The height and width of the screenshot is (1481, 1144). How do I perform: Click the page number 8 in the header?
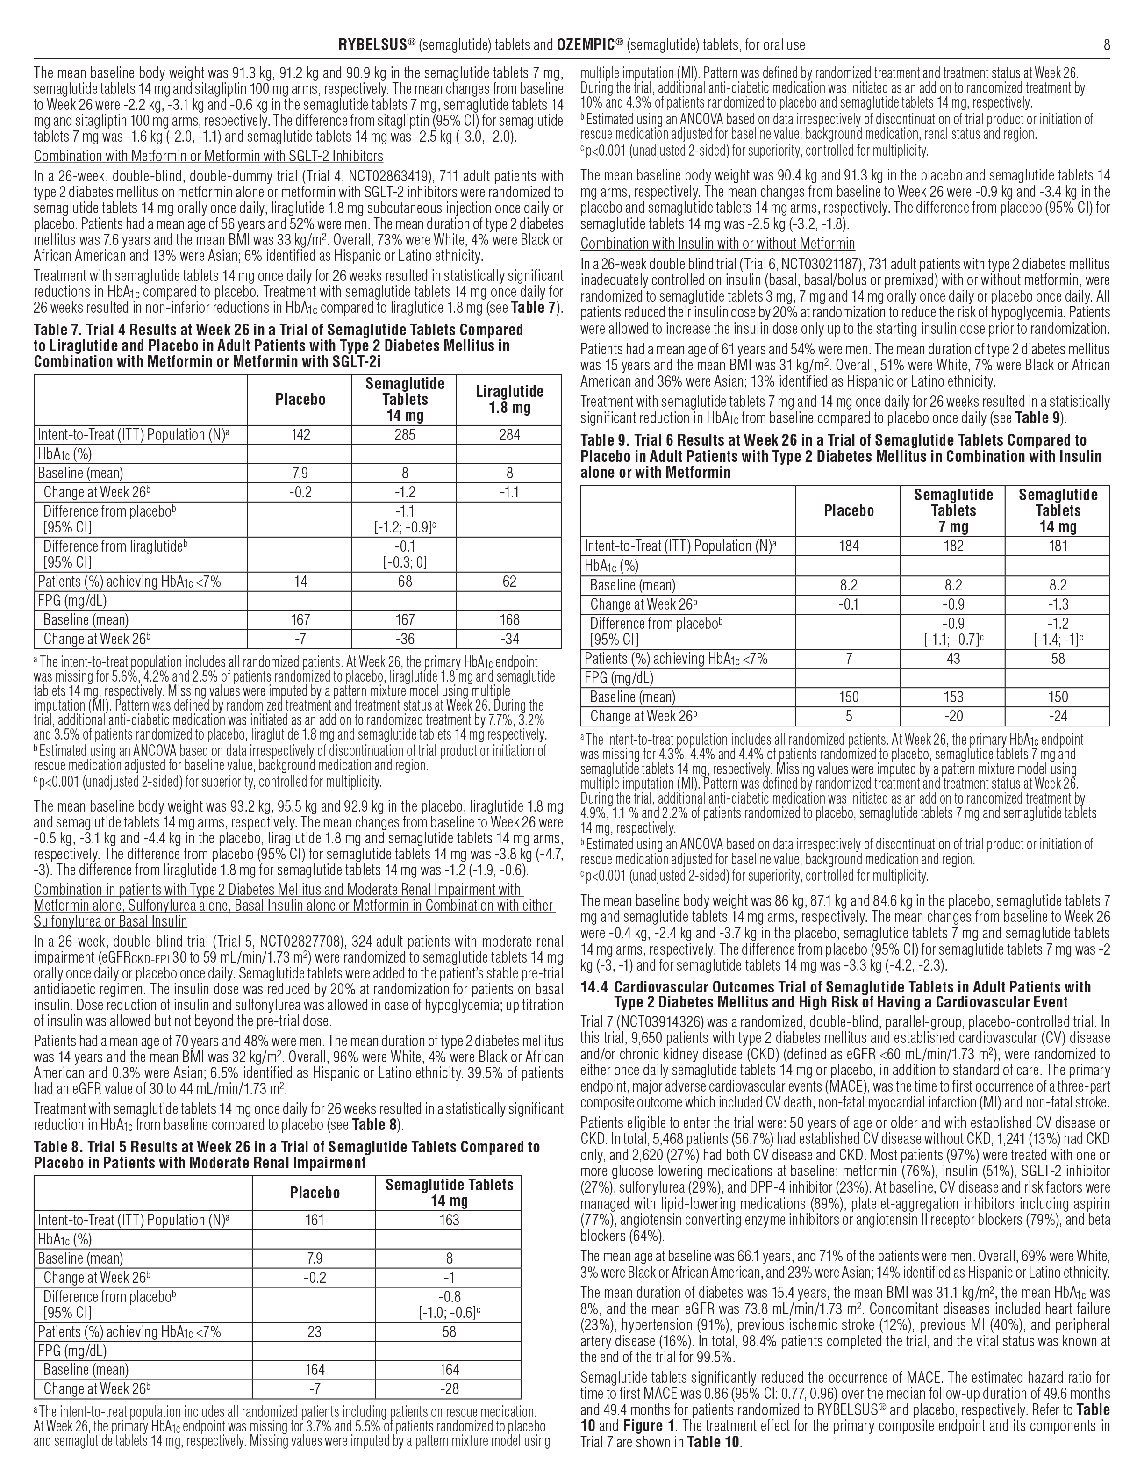pyautogui.click(x=1106, y=45)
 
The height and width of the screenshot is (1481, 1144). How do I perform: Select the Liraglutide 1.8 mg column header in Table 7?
pyautogui.click(x=509, y=399)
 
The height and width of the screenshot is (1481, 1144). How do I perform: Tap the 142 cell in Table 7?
pyautogui.click(x=300, y=435)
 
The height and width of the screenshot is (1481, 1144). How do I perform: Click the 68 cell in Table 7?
pyautogui.click(x=405, y=581)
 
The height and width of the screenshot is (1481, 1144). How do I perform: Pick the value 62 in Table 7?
pyautogui.click(x=509, y=581)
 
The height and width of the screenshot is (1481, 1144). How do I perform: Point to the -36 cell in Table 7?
pyautogui.click(x=405, y=639)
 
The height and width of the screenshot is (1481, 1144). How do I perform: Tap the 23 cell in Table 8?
pyautogui.click(x=315, y=1331)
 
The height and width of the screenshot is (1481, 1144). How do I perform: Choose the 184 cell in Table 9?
pyautogui.click(x=849, y=546)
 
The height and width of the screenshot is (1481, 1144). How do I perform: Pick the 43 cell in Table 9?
pyautogui.click(x=953, y=658)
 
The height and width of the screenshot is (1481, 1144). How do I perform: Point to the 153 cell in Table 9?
pyautogui.click(x=953, y=697)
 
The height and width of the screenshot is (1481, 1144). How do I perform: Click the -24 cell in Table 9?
pyautogui.click(x=1057, y=716)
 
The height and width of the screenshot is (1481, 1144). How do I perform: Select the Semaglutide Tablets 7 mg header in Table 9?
pyautogui.click(x=953, y=510)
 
